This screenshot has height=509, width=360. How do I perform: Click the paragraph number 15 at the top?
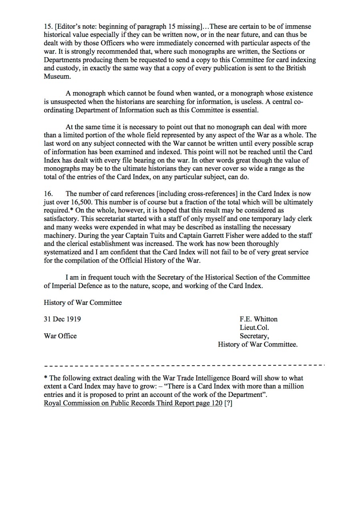click(48, 27)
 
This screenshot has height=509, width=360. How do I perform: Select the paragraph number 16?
click(48, 194)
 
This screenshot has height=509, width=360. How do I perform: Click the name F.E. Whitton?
click(258, 319)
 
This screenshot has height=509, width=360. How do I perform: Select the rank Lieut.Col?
click(254, 327)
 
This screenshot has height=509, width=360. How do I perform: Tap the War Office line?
click(60, 336)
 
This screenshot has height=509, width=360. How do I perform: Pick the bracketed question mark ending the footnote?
click(228, 403)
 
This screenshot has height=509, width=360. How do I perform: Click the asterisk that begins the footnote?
click(46, 378)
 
